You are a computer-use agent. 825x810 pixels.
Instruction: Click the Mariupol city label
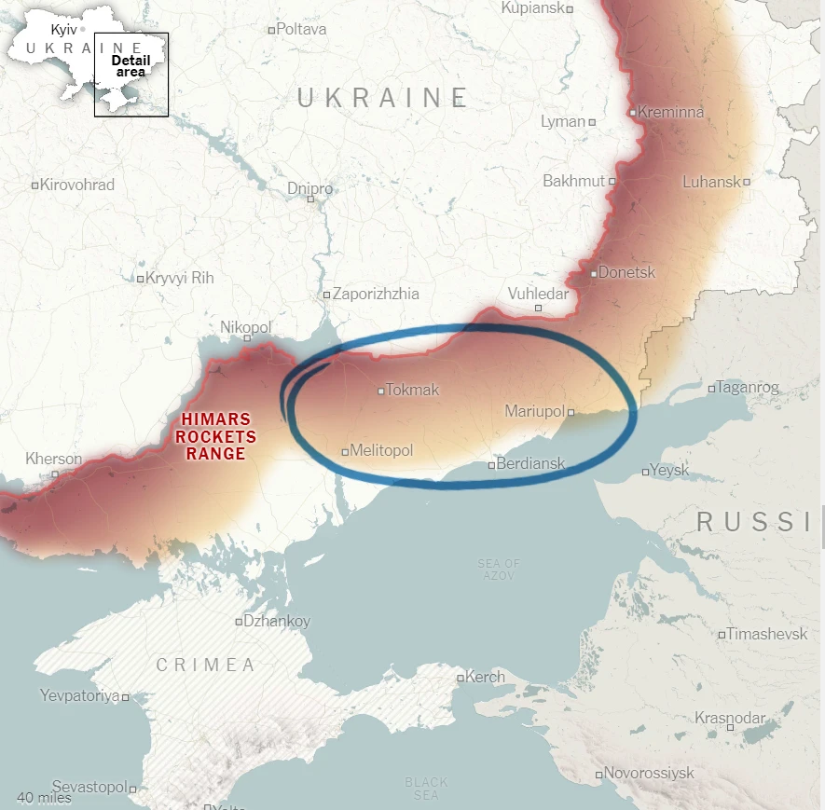click(534, 411)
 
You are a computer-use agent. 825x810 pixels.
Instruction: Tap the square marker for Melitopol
click(345, 452)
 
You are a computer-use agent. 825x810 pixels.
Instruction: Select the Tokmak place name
click(412, 391)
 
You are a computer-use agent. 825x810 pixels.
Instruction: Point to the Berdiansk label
click(530, 463)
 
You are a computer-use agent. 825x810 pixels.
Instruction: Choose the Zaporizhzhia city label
click(376, 294)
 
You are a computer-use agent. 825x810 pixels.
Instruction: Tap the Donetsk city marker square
click(594, 274)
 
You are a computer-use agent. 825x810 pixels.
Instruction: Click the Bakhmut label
click(573, 181)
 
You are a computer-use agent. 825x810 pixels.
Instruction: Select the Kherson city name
click(53, 459)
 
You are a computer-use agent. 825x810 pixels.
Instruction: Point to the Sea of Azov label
click(499, 570)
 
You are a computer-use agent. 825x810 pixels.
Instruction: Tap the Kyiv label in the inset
click(63, 30)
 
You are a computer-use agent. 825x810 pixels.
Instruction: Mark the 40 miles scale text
click(44, 798)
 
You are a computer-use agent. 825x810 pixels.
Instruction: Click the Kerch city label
click(485, 678)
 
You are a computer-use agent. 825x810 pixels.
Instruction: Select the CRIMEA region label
click(205, 665)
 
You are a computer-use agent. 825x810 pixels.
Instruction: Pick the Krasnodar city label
click(729, 719)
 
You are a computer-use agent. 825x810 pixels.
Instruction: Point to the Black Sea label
click(426, 789)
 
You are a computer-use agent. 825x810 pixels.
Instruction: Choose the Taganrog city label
click(749, 388)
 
